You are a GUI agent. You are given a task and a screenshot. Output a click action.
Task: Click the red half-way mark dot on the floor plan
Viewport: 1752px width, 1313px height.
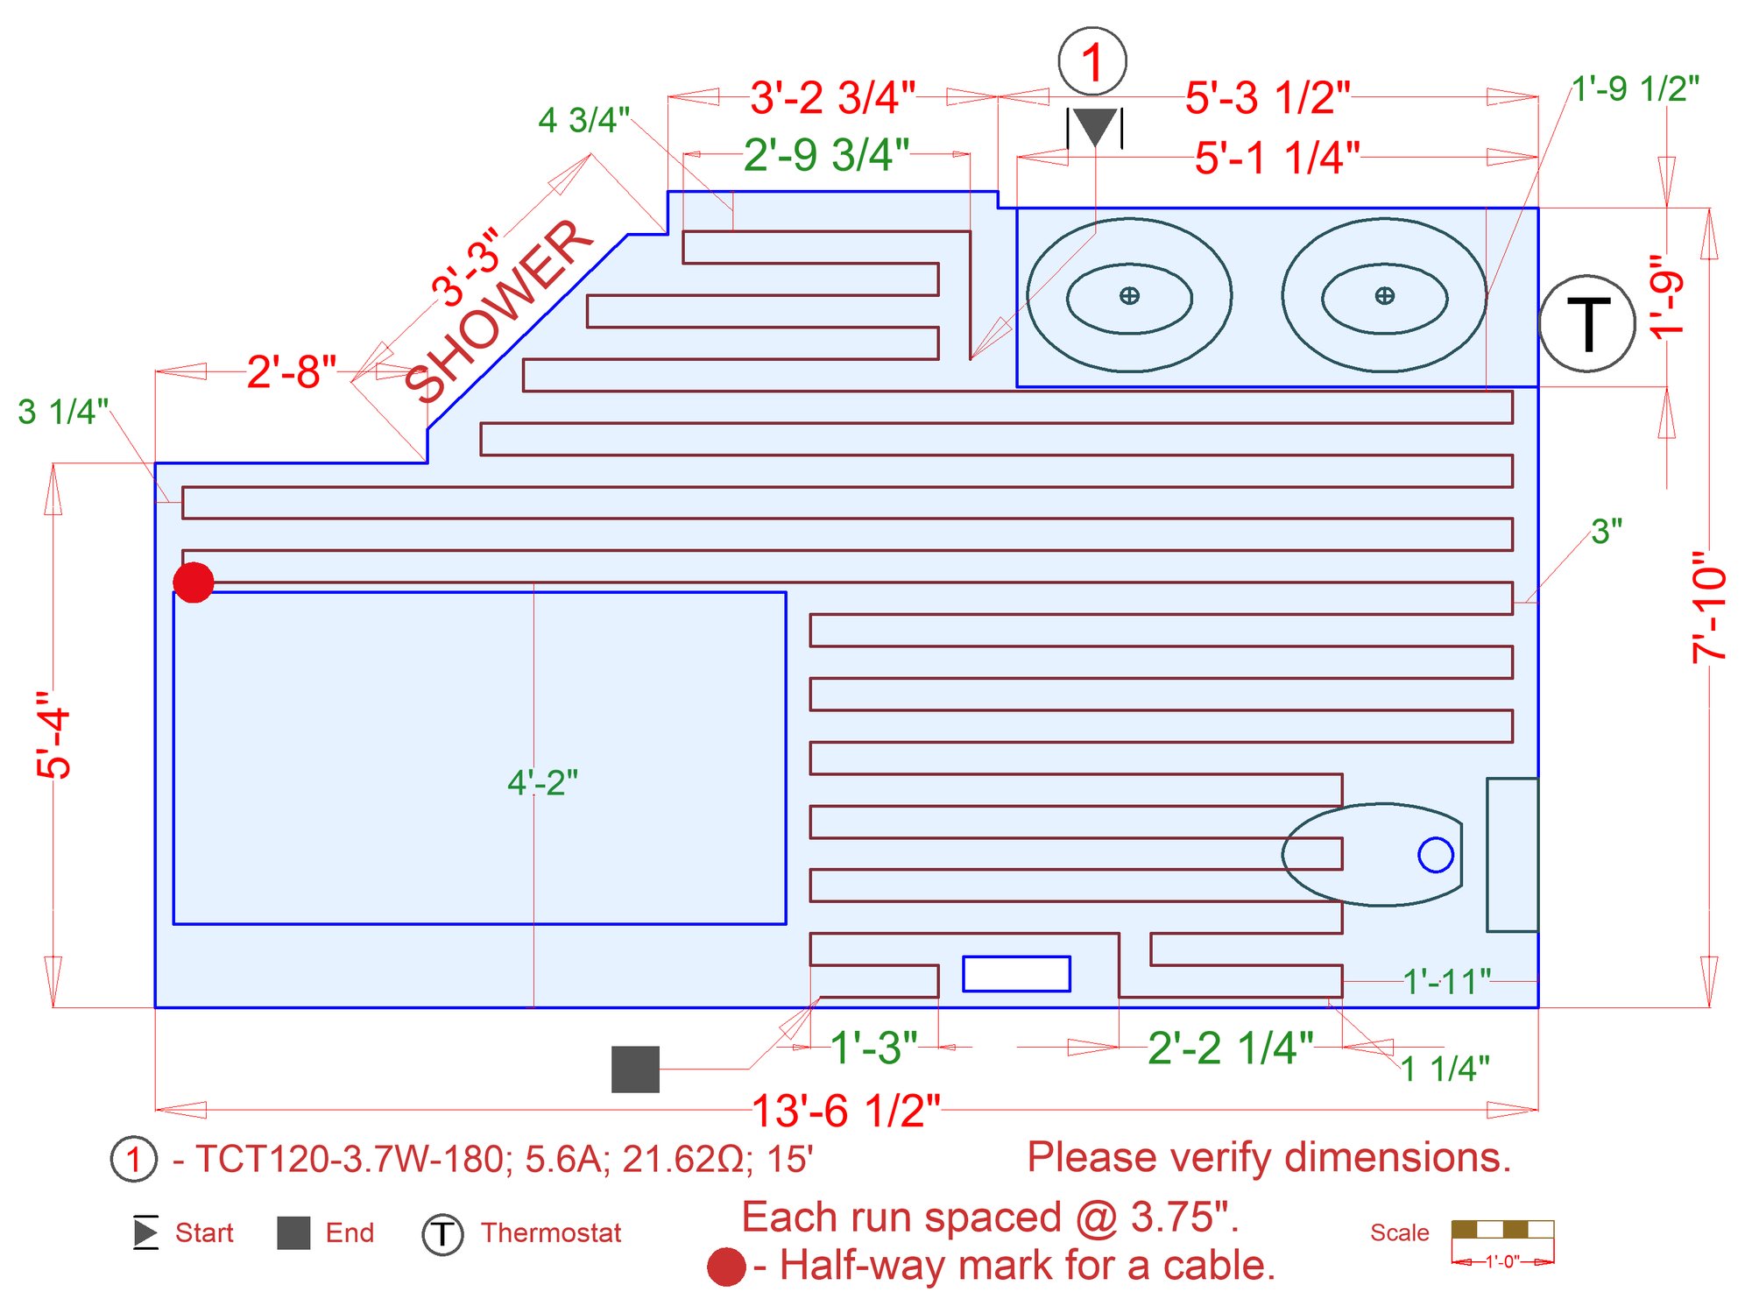194,582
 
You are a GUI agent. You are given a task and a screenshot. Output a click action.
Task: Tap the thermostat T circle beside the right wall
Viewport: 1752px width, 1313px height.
1586,323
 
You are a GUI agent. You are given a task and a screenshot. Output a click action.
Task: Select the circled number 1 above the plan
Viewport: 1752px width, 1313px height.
1092,61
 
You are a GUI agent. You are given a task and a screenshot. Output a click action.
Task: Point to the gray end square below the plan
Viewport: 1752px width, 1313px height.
635,1069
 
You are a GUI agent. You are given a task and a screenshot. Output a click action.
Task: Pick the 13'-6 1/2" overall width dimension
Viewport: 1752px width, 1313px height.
845,1111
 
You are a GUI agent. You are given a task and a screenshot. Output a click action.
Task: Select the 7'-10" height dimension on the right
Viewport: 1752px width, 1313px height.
1708,606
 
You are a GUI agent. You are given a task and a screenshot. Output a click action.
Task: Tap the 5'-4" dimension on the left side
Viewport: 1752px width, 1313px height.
53,734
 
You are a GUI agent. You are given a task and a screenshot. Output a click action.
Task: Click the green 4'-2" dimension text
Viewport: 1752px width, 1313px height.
543,782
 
